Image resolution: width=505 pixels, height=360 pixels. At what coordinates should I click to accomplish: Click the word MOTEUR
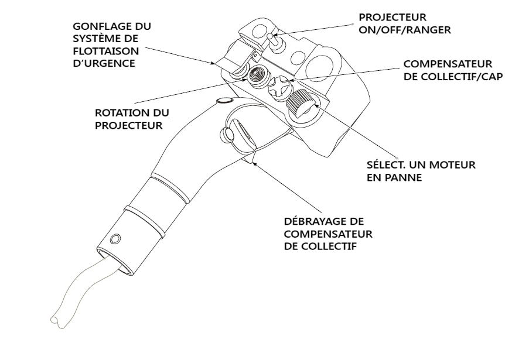tap(454, 166)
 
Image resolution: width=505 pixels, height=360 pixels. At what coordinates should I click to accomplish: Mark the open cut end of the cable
tap(54, 320)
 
